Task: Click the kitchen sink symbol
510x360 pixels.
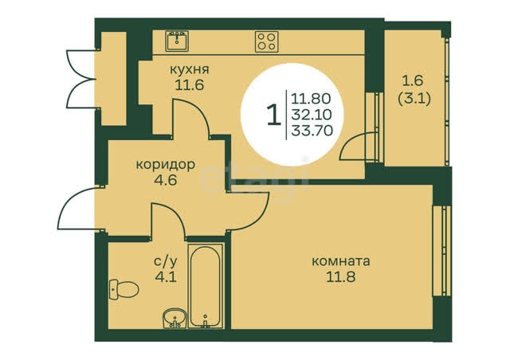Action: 177,41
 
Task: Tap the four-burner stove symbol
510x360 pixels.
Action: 267,41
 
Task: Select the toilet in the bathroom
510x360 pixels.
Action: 124,289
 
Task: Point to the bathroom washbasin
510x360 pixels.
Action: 175,318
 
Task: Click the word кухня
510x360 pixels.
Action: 190,69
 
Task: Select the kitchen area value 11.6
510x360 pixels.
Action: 190,85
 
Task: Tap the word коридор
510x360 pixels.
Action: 166,165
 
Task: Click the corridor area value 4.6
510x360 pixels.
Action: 166,179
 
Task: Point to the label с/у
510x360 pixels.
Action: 166,260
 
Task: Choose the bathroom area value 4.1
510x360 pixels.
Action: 166,276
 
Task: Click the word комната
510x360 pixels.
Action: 341,261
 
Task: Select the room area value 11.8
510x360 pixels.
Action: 341,276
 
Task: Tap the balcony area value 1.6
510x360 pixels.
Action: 413,80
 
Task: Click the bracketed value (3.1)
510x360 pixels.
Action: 414,98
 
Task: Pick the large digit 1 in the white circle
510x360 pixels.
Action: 274,115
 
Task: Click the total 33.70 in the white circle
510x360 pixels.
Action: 312,131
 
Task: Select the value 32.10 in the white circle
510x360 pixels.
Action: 312,115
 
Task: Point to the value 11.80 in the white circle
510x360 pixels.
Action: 311,98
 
